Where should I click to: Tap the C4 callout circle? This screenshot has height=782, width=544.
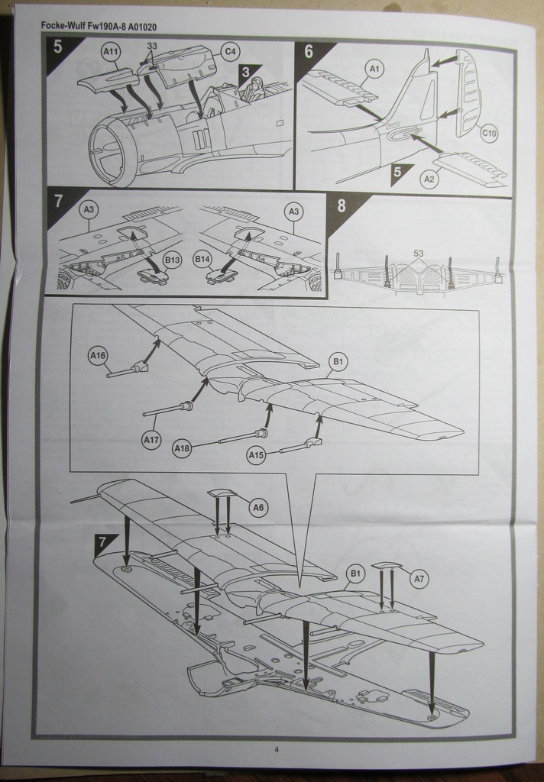(229, 52)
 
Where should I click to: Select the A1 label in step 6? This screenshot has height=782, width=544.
(374, 69)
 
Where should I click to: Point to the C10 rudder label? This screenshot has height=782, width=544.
(489, 134)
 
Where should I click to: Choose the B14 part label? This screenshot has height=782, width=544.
(202, 260)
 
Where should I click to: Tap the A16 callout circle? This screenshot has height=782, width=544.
(98, 355)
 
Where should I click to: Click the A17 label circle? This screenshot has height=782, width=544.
(151, 439)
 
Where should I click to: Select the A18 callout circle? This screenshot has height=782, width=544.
(182, 448)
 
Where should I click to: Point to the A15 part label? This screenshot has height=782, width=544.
(256, 456)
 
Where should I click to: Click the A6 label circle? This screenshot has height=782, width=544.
(258, 507)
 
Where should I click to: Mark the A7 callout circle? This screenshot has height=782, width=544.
(418, 580)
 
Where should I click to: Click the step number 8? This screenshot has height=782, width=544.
(341, 206)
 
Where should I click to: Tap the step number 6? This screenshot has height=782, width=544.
(309, 52)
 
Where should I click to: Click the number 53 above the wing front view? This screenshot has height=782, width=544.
(418, 253)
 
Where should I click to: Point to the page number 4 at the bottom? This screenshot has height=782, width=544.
(276, 749)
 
